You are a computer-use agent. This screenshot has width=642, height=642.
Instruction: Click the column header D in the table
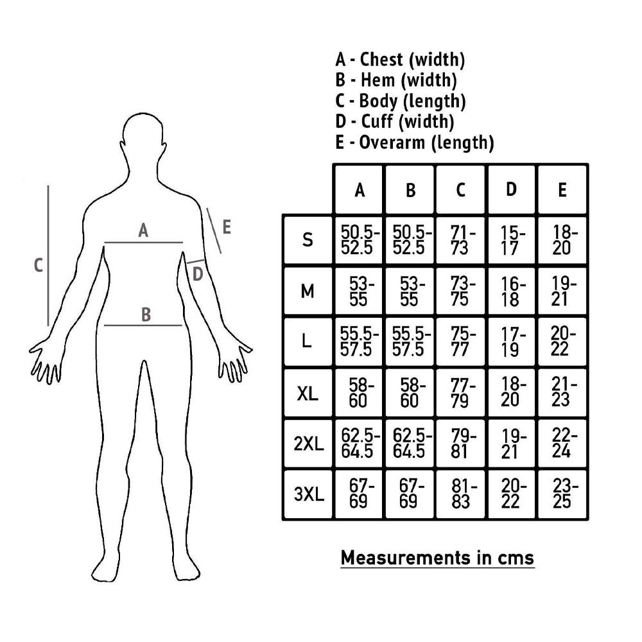pyautogui.click(x=511, y=189)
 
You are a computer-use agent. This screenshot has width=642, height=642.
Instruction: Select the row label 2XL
pyautogui.click(x=308, y=444)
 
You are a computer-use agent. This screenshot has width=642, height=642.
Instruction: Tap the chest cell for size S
pyautogui.click(x=359, y=240)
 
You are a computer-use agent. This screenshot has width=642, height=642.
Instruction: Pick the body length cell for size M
pyautogui.click(x=460, y=291)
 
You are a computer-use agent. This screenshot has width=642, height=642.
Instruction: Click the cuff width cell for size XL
pyautogui.click(x=511, y=393)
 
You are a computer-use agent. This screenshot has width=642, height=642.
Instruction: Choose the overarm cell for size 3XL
pyautogui.click(x=562, y=494)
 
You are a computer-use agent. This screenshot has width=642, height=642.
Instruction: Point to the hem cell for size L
pyautogui.click(x=410, y=342)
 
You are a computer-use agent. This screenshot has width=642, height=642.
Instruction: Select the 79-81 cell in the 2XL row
pyautogui.click(x=460, y=444)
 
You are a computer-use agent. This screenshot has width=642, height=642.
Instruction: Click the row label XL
pyautogui.click(x=308, y=393)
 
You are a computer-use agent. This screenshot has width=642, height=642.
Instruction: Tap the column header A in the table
pyautogui.click(x=359, y=189)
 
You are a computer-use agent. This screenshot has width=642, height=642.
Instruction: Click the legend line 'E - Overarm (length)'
pyautogui.click(x=414, y=143)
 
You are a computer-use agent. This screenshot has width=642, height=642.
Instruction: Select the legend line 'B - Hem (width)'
pyautogui.click(x=396, y=80)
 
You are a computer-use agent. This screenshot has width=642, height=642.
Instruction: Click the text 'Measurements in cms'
pyautogui.click(x=437, y=558)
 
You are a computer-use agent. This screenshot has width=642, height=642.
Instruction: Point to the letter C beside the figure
pyautogui.click(x=38, y=265)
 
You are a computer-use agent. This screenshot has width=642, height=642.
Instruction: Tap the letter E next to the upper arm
pyautogui.click(x=227, y=227)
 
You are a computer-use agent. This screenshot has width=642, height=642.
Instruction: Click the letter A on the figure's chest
pyautogui.click(x=143, y=230)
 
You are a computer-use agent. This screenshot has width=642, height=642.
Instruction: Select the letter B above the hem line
pyautogui.click(x=146, y=315)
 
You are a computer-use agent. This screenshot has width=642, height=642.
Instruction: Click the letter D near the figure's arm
pyautogui.click(x=198, y=274)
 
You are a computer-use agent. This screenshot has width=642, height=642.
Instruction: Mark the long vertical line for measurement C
pyautogui.click(x=48, y=256)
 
